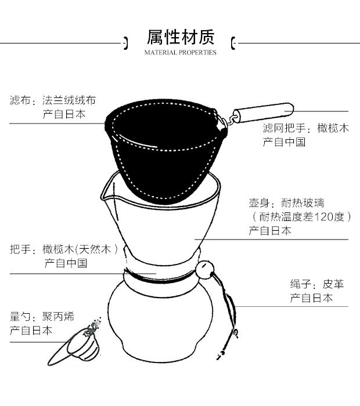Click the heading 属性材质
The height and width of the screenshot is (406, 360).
(x=180, y=38)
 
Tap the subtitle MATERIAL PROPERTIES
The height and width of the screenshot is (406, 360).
(x=180, y=53)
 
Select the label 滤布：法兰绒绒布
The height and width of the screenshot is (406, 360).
(x=53, y=100)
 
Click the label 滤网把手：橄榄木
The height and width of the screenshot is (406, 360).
(x=305, y=128)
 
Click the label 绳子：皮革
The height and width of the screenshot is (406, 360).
(x=317, y=284)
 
